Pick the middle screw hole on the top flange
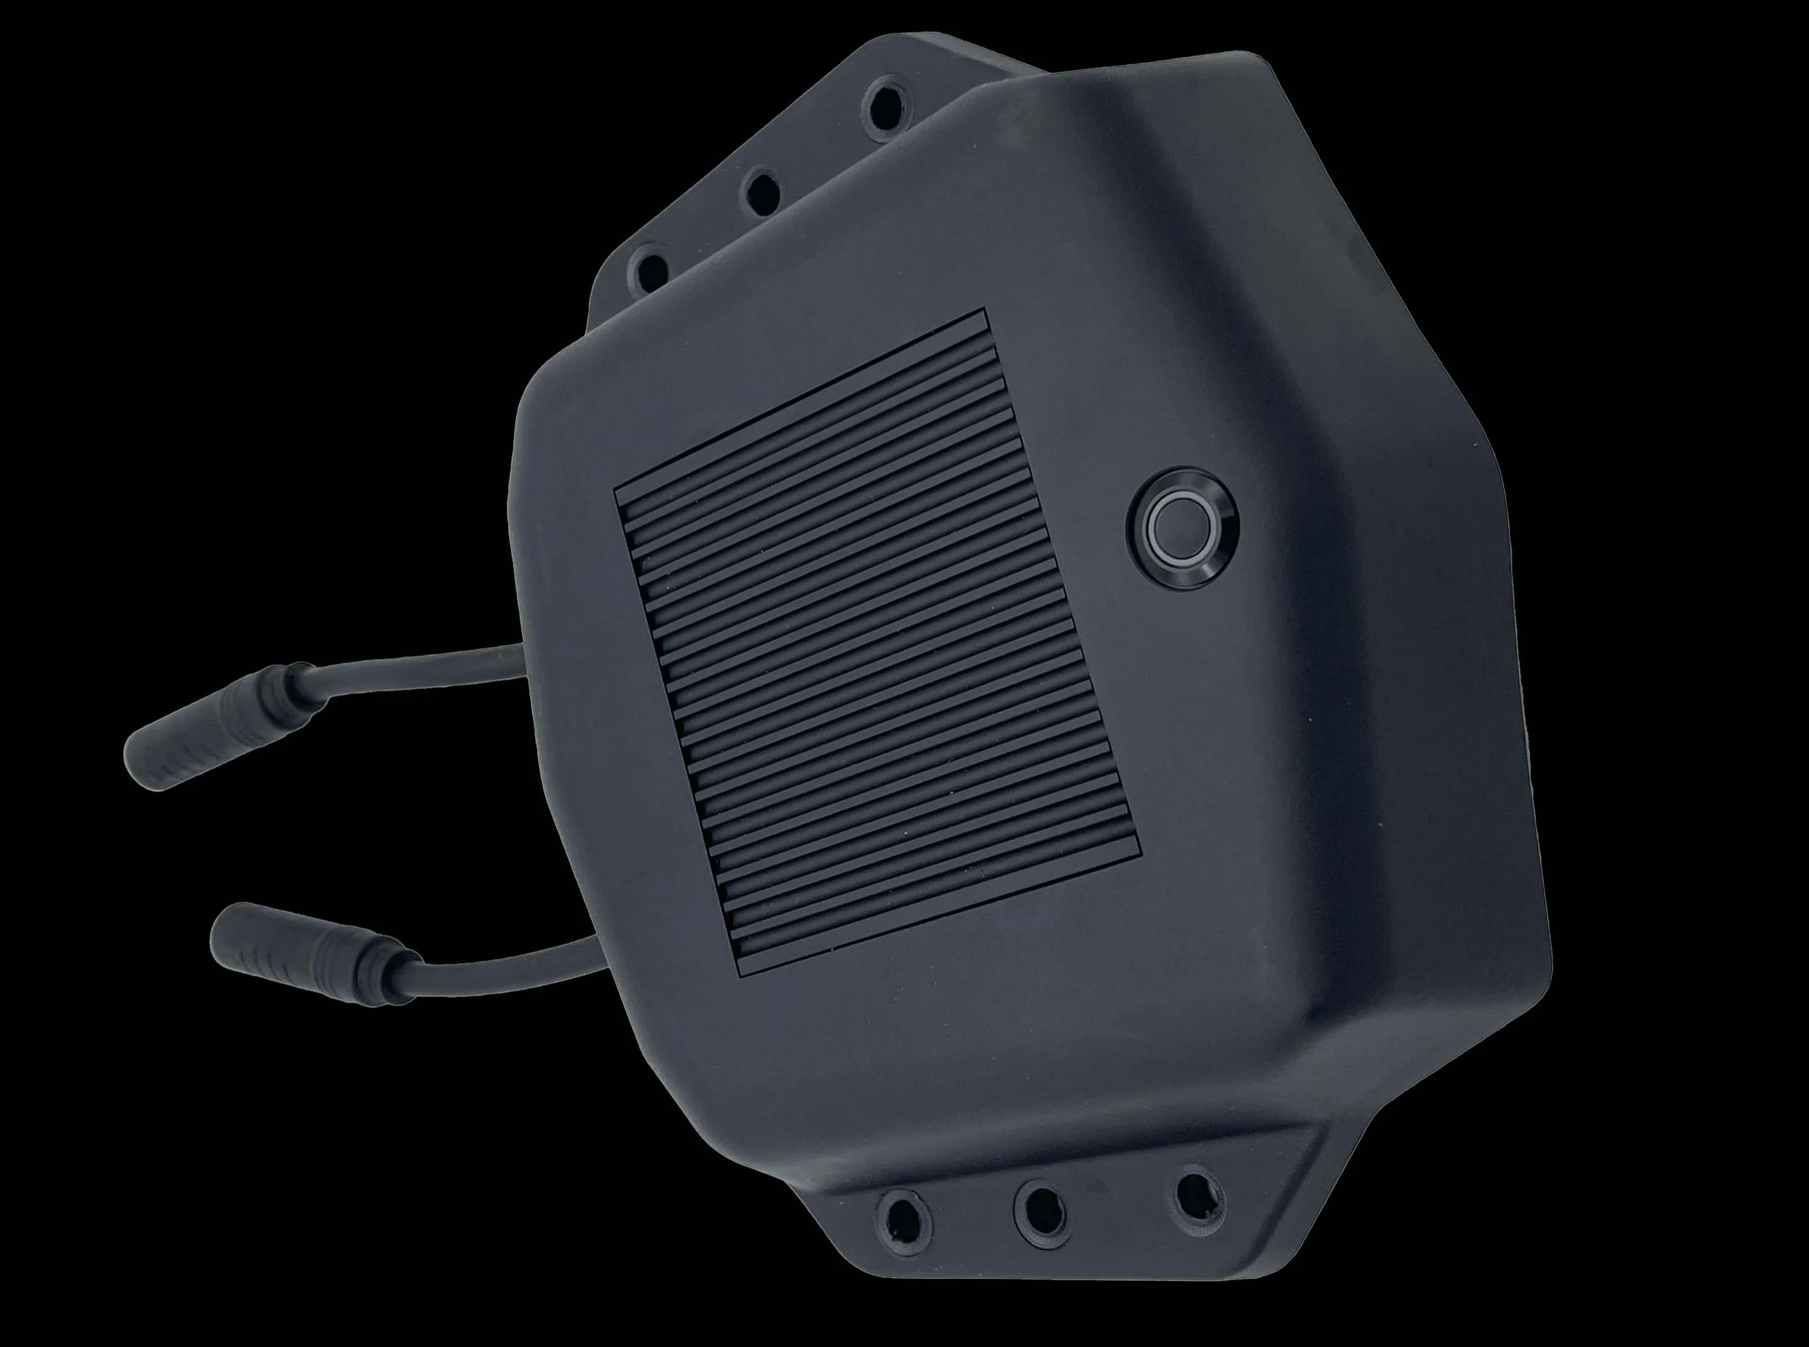pos(764,192)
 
